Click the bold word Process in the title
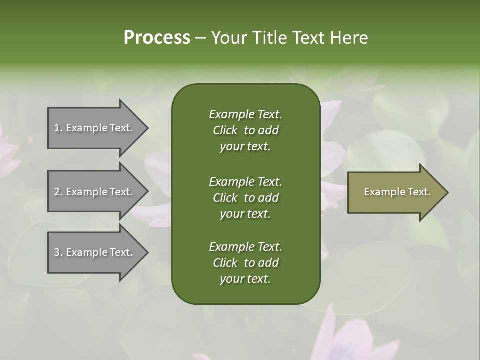157,38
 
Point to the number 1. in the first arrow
58,128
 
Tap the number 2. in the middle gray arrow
58,192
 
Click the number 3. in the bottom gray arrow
58,252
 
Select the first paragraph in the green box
245,130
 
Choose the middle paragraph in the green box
245,197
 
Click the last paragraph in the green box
245,263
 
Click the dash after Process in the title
200,38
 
